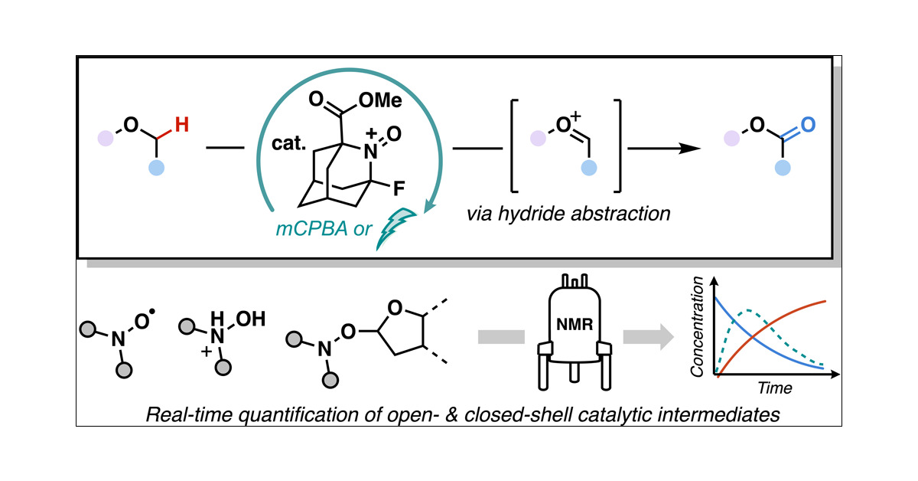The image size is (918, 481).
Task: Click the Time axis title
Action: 774,388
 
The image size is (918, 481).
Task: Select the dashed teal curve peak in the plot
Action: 750,312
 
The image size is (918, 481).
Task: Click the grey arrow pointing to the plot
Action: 649,335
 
